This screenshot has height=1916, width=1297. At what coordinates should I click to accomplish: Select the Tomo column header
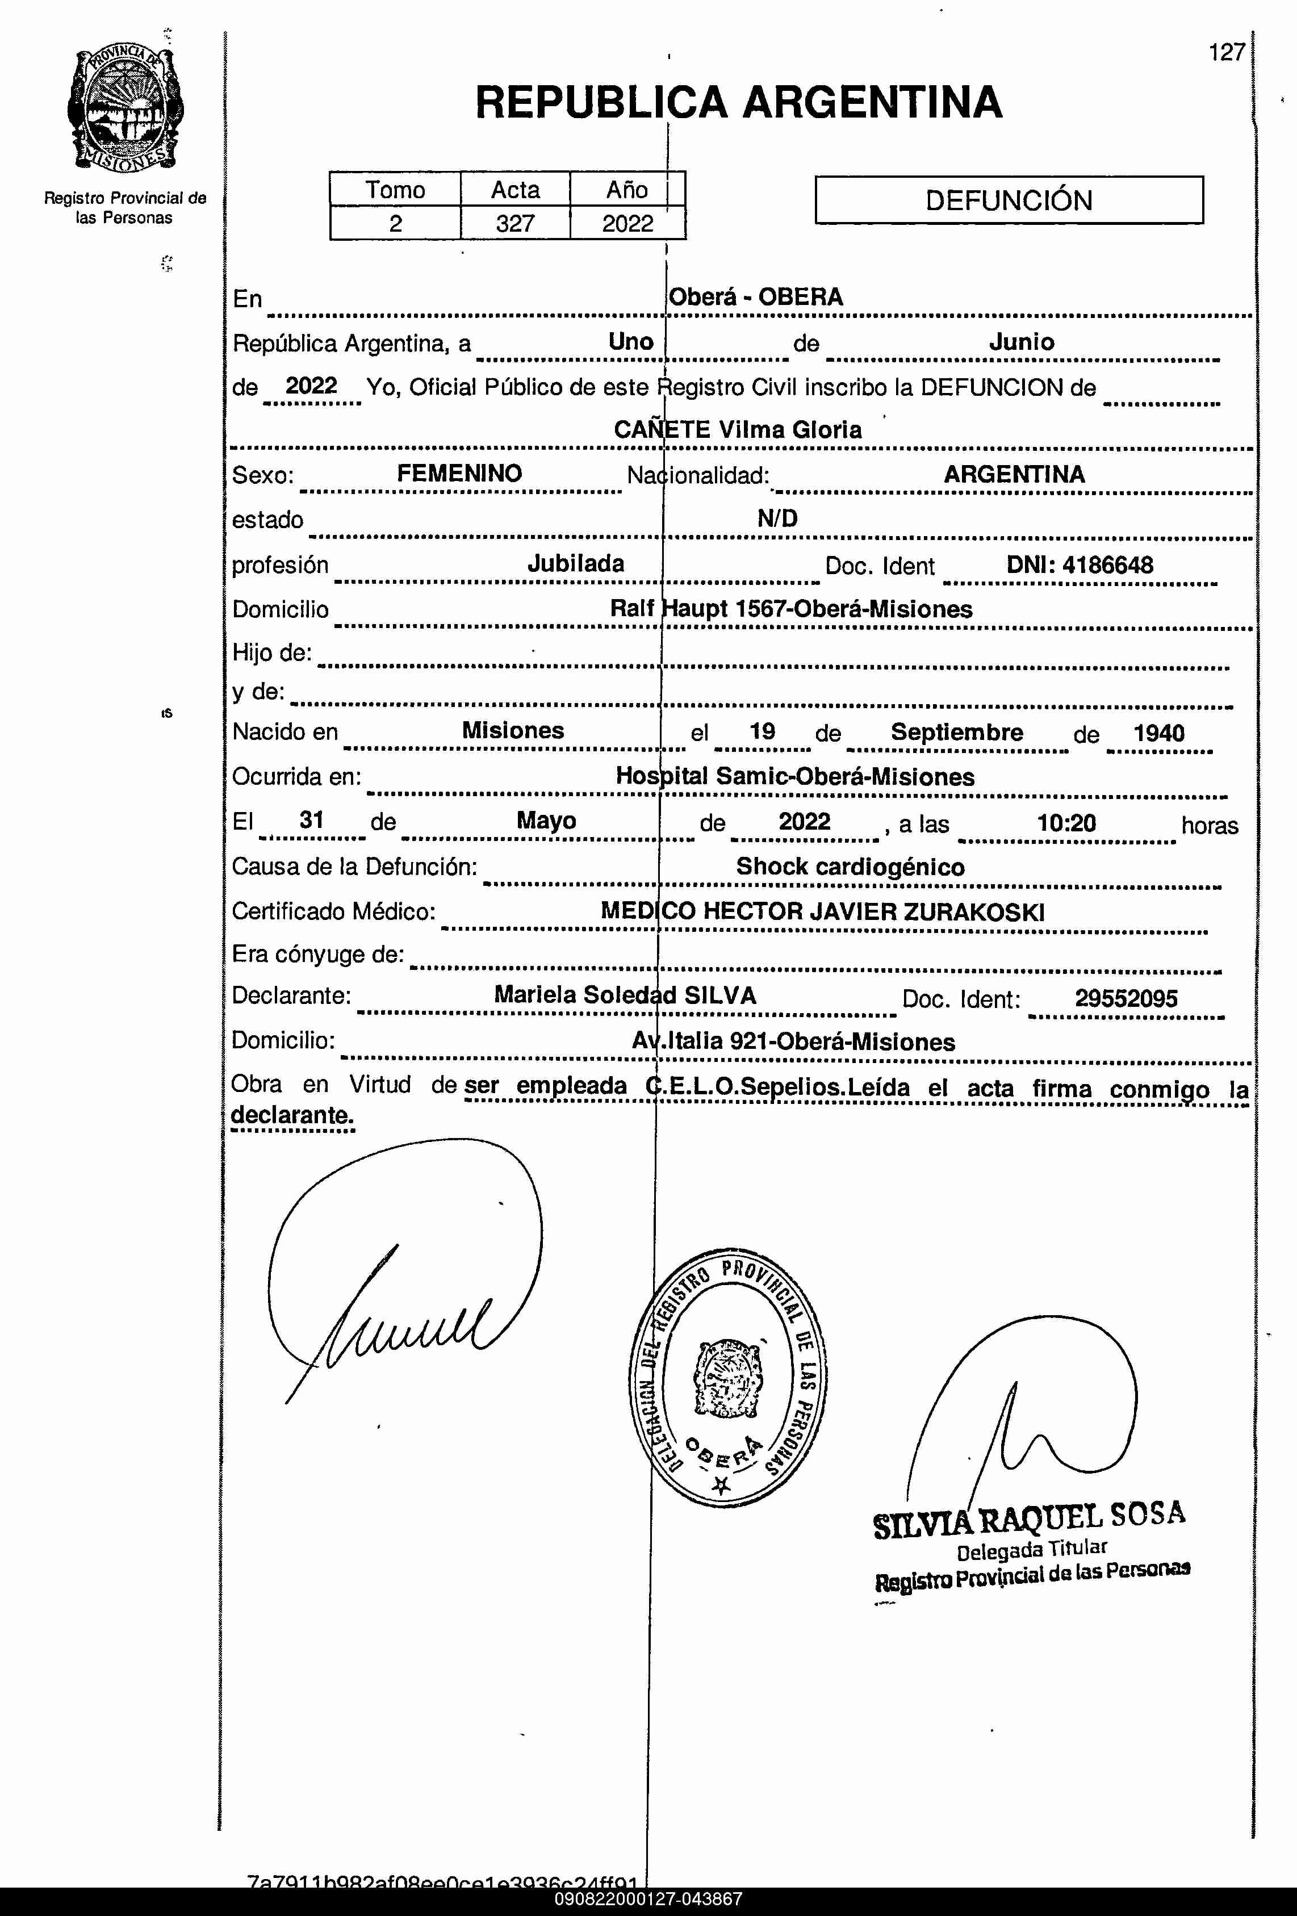tap(395, 190)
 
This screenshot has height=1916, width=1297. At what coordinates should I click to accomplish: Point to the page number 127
tap(1226, 53)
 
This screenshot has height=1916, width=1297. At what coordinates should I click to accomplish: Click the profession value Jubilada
tap(575, 564)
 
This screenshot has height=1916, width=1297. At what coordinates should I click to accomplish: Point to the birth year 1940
tap(1158, 733)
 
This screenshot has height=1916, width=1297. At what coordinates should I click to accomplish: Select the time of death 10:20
tap(1066, 823)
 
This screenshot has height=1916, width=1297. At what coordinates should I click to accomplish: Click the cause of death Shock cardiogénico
tap(850, 867)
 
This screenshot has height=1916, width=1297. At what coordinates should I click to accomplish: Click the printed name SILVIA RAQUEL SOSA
tap(1029, 1518)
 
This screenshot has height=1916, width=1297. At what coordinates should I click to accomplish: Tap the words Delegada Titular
tap(1031, 1551)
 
